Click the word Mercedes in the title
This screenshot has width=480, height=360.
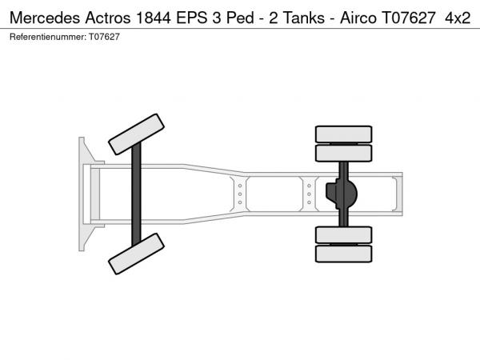45,18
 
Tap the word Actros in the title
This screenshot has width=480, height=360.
108,18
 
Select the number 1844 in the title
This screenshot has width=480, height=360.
154,18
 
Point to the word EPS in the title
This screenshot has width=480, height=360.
191,18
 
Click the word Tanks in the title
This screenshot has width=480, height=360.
304,18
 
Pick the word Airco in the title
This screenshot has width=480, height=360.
358,18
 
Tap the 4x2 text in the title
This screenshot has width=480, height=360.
458,18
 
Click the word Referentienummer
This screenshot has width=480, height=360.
48,37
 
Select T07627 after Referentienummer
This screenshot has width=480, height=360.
104,37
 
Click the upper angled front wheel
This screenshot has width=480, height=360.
136,134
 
